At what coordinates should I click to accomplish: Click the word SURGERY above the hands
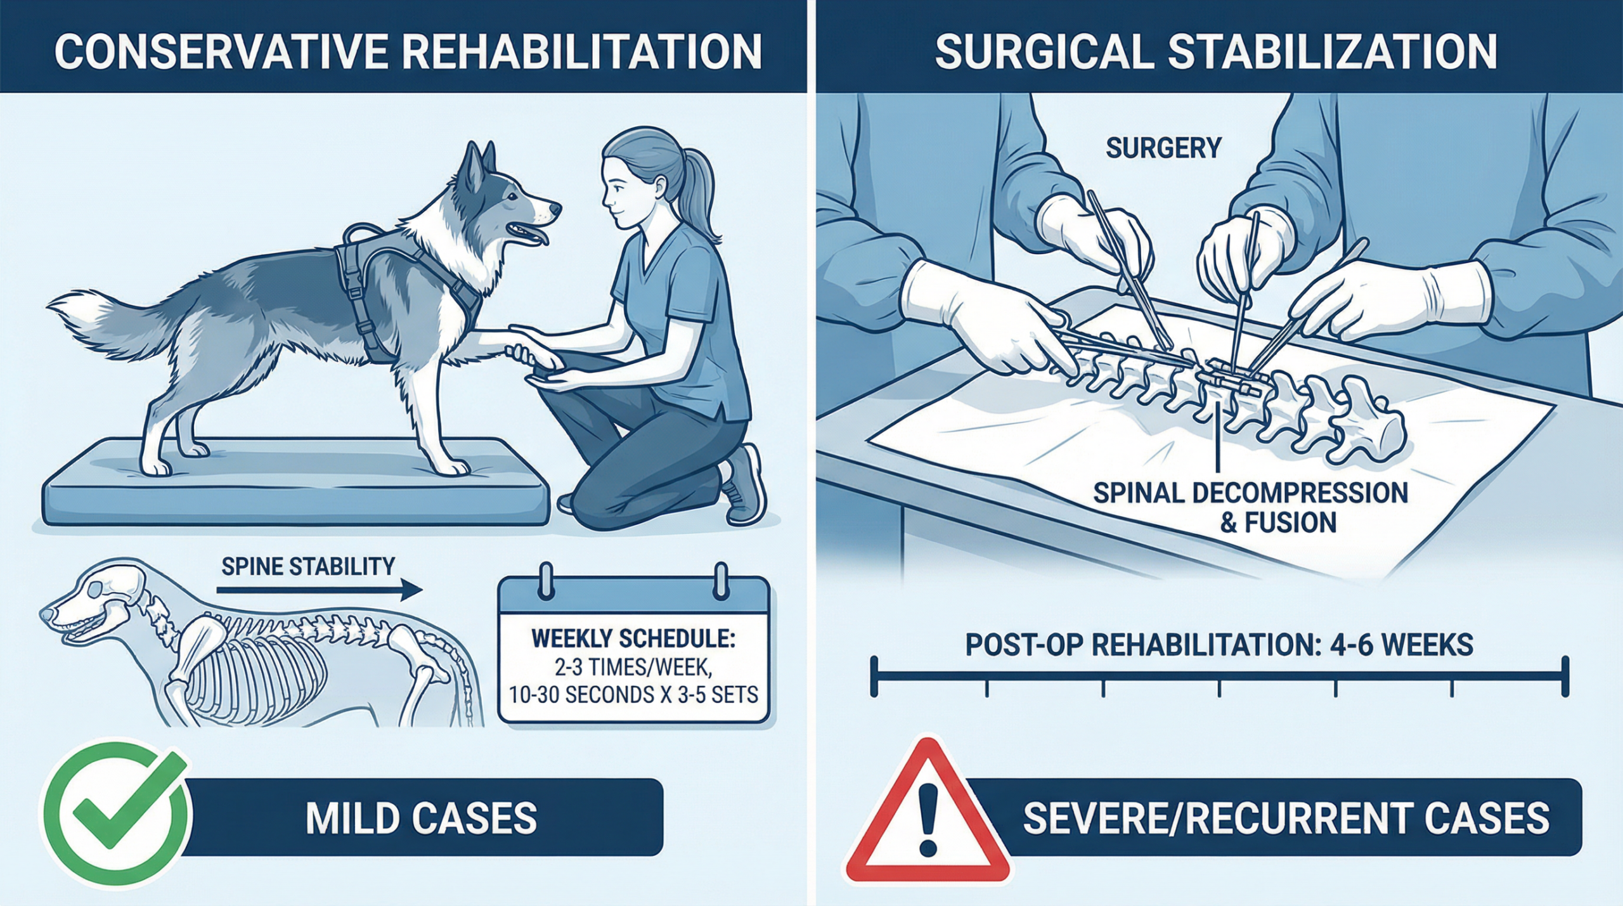(x=1163, y=148)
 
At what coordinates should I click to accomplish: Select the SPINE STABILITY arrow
(x=319, y=590)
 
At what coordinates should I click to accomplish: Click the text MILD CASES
(x=421, y=818)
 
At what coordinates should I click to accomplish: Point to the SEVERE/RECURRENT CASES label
(x=1286, y=818)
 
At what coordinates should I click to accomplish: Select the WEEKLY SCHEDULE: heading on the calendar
(x=633, y=638)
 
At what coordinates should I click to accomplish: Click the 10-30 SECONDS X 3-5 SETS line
(x=633, y=696)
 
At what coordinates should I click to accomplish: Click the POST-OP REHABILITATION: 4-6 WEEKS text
(x=1219, y=645)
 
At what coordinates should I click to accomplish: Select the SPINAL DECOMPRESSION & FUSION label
(x=1251, y=508)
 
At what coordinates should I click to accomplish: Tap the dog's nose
(x=554, y=208)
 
